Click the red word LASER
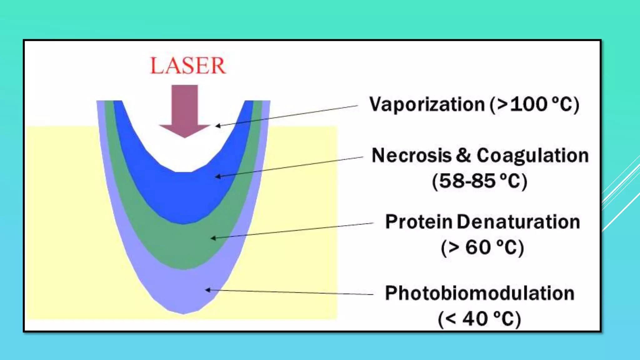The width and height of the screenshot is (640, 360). click(x=187, y=66)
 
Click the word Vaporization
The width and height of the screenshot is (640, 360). click(x=427, y=104)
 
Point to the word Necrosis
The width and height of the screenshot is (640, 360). click(x=411, y=155)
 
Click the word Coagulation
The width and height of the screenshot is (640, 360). click(x=532, y=155)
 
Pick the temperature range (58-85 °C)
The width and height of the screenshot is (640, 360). click(x=479, y=181)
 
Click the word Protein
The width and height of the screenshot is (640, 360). click(x=419, y=222)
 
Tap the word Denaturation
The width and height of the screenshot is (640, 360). click(x=518, y=222)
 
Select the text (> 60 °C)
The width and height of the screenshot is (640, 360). click(x=482, y=247)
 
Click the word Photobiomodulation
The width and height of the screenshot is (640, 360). click(x=479, y=293)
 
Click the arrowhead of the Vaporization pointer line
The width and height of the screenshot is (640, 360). click(x=218, y=126)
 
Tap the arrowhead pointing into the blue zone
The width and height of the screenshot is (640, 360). click(x=218, y=177)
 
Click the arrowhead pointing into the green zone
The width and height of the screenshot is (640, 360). click(x=213, y=238)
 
